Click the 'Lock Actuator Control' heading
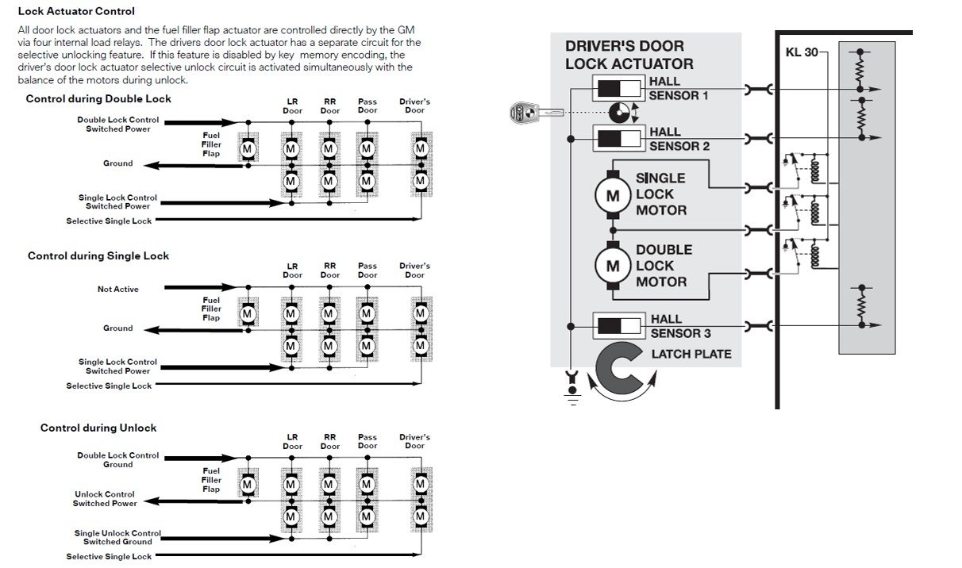point(76,12)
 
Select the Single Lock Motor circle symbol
point(612,194)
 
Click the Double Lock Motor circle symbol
point(612,266)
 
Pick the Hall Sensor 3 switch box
point(619,326)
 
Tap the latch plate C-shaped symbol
point(623,368)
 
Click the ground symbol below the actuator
point(570,389)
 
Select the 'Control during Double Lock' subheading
point(98,99)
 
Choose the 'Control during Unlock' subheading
point(98,428)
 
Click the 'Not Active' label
point(117,290)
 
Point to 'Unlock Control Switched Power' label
point(105,499)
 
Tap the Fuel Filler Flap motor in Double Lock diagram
point(247,148)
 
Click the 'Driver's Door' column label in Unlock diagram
point(414,441)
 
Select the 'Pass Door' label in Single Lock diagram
point(367,271)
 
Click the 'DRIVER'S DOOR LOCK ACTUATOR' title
point(629,55)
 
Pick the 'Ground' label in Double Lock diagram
point(117,163)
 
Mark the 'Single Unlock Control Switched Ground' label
point(117,537)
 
